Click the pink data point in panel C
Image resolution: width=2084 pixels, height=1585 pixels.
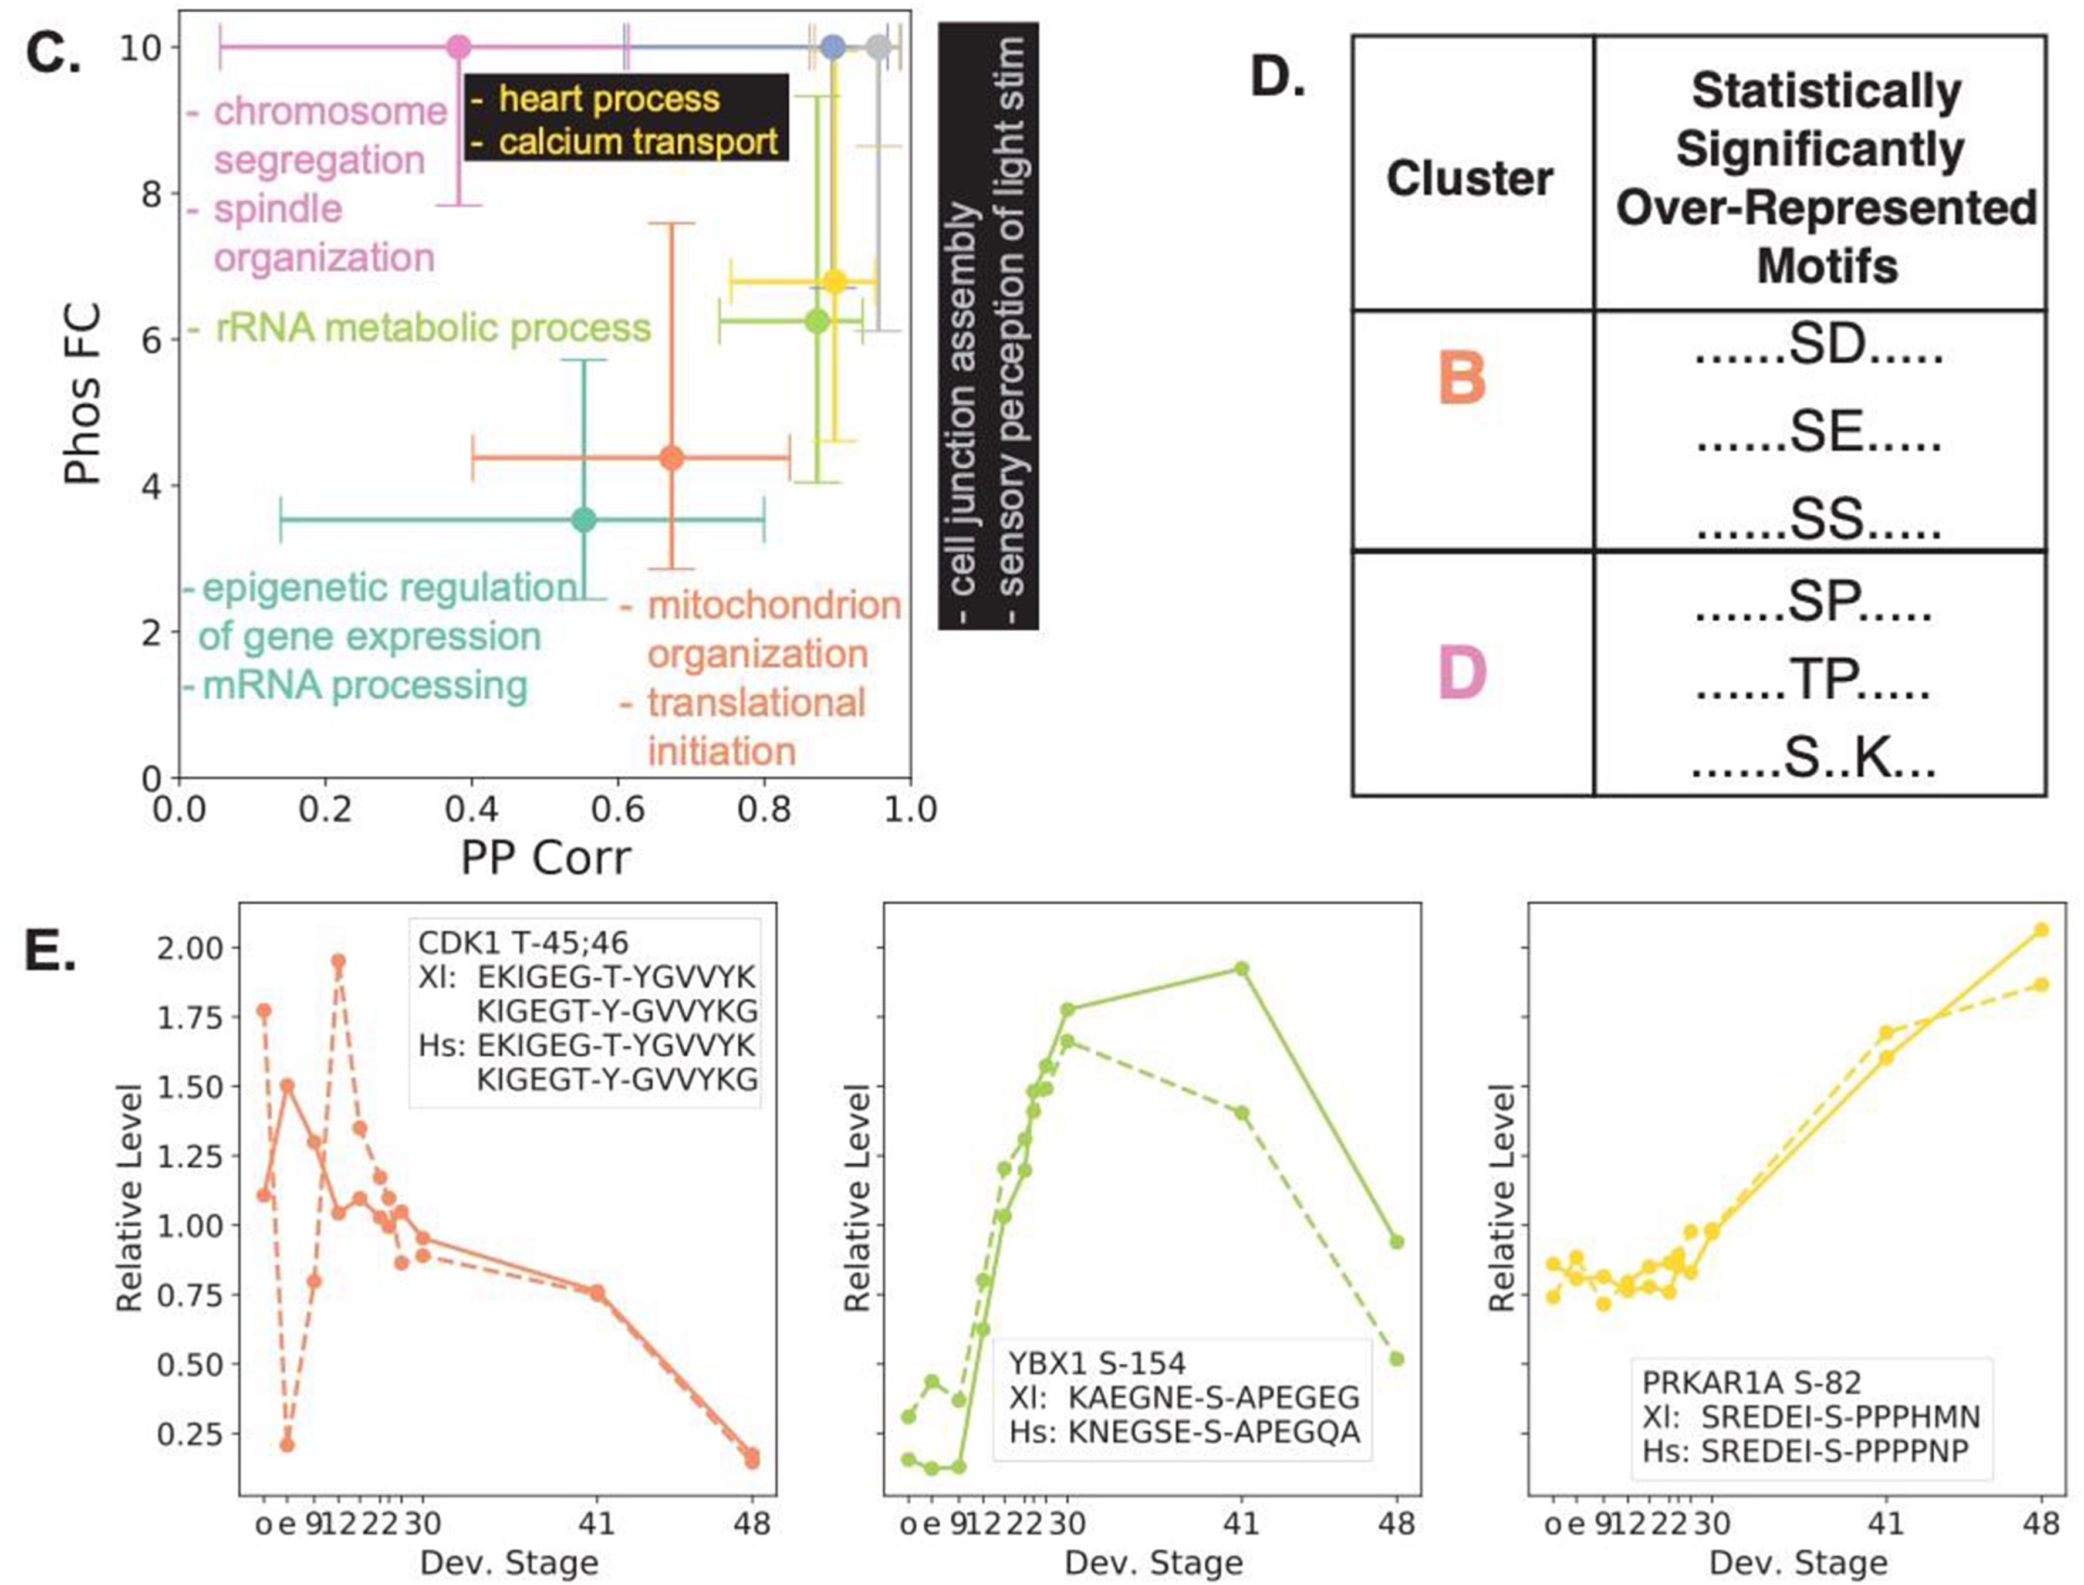click(458, 47)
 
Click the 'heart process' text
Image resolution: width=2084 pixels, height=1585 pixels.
click(609, 98)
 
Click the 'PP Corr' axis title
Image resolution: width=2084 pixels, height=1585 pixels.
click(545, 857)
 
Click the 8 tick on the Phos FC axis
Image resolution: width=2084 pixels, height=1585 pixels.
click(150, 194)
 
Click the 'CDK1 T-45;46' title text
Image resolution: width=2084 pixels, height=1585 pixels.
click(523, 942)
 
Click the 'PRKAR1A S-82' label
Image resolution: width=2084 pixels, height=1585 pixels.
click(1751, 1383)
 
